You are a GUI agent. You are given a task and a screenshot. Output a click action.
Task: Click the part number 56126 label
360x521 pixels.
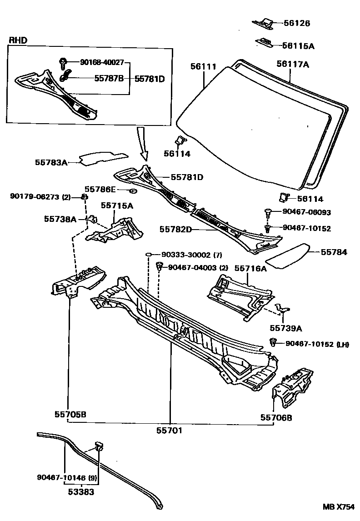pos(297,23)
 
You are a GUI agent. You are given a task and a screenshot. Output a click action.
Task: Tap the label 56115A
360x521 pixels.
pos(298,45)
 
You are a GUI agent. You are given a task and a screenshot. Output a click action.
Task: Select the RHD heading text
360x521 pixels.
pos(18,40)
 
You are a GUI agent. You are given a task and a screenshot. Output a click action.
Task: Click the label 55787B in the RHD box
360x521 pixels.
pos(109,79)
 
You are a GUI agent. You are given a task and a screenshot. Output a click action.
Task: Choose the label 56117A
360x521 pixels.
pos(292,64)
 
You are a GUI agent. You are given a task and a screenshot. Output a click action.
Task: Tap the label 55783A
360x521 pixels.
pos(51,162)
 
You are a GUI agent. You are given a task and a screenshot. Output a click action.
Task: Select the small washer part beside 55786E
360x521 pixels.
pos(133,190)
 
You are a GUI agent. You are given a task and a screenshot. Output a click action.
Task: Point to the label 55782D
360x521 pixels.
pos(175,229)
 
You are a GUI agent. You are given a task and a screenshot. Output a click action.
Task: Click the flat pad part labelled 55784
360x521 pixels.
pos(287,253)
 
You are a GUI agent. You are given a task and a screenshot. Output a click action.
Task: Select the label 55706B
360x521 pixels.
pos(276,417)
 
